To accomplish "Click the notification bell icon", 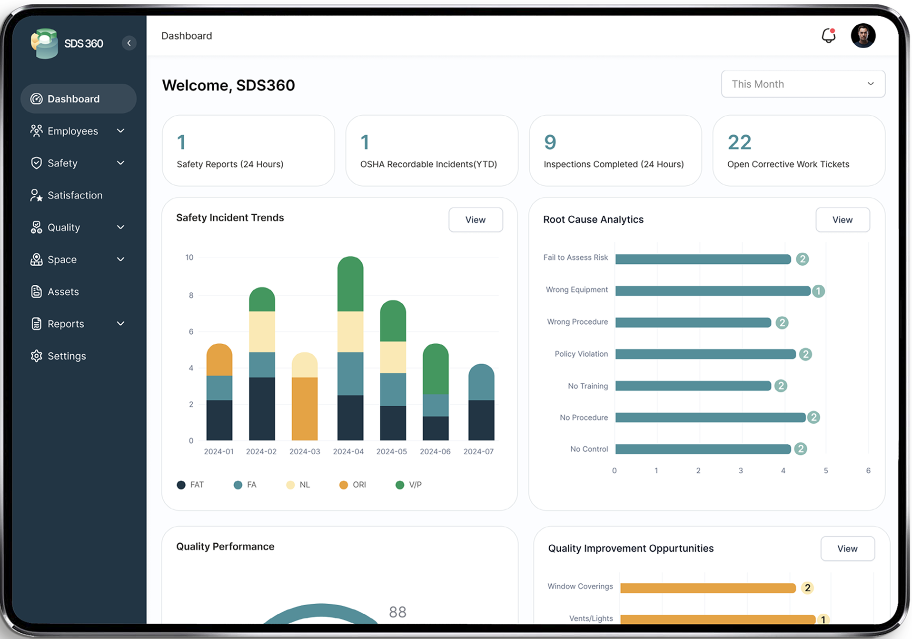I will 828,36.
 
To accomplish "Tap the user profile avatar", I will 863,36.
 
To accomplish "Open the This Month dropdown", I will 803,84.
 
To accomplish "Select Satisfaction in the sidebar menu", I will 75,195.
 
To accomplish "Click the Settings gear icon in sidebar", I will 37,356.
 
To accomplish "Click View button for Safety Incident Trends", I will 475,220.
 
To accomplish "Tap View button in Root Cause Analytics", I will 842,220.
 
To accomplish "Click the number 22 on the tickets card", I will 739,142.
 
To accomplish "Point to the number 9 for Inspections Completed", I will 550,142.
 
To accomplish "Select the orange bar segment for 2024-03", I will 305,409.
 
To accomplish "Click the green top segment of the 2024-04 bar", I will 350,284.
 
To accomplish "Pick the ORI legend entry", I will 353,485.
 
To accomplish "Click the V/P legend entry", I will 409,485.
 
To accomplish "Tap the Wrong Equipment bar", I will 713,291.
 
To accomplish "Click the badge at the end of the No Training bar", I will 781,386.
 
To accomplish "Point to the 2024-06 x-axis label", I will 435,451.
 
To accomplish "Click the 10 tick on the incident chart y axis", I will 189,258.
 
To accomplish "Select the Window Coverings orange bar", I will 708,588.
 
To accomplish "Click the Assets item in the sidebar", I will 63,292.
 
